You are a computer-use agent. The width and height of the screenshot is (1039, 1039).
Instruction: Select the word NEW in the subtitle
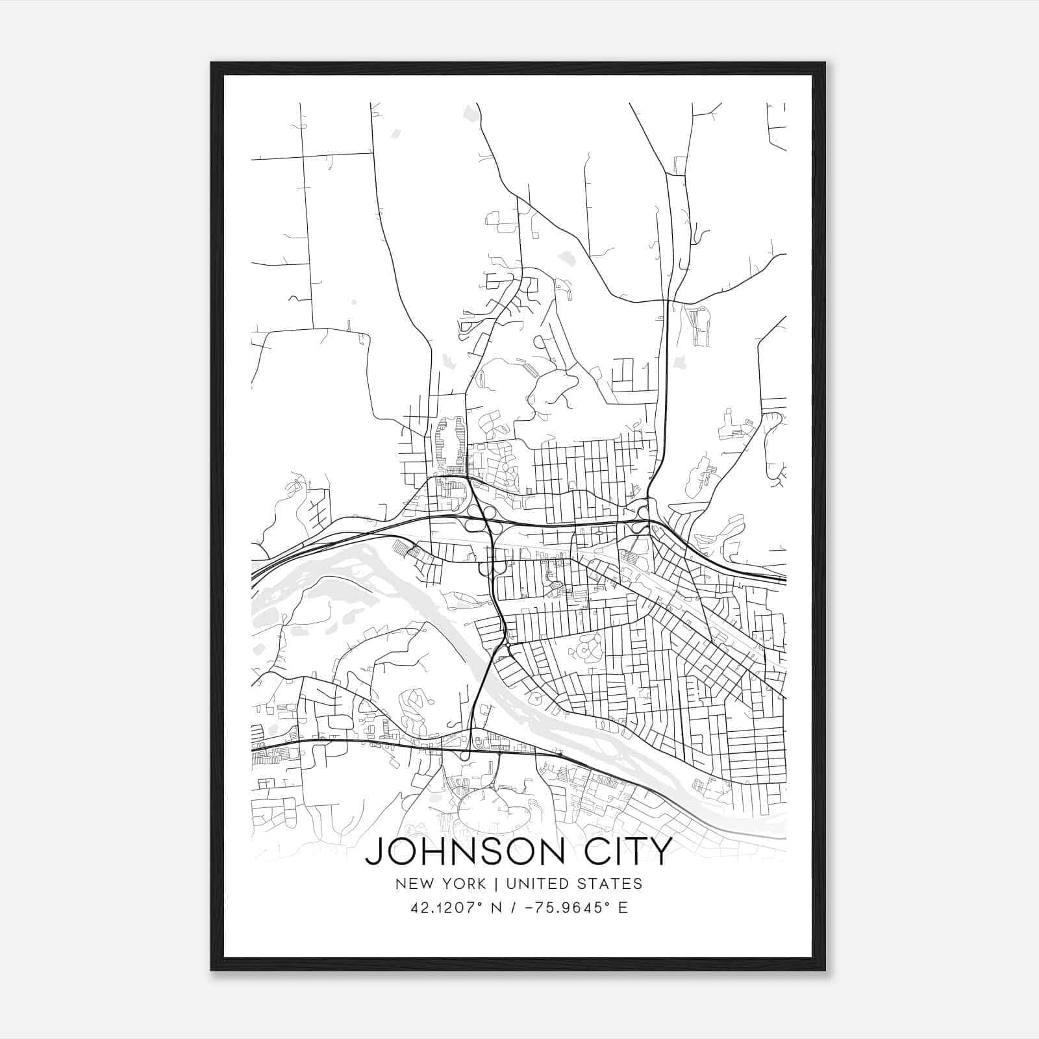pyautogui.click(x=411, y=884)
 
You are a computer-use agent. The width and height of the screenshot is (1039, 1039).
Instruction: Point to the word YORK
pyautogui.click(x=462, y=884)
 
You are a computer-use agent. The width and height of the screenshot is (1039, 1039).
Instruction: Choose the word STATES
pyautogui.click(x=609, y=884)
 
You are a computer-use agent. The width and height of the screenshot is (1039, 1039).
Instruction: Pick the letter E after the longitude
pyautogui.click(x=623, y=908)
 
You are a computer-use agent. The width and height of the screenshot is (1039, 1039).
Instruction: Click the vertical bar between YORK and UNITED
pyautogui.click(x=495, y=884)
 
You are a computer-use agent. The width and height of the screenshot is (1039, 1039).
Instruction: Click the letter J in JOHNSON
pyautogui.click(x=373, y=852)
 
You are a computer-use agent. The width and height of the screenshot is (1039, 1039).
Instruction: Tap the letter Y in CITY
pyautogui.click(x=657, y=851)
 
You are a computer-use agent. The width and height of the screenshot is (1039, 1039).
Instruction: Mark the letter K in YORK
pyautogui.click(x=481, y=884)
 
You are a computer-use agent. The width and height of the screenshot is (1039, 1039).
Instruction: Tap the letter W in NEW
pyautogui.click(x=424, y=884)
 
